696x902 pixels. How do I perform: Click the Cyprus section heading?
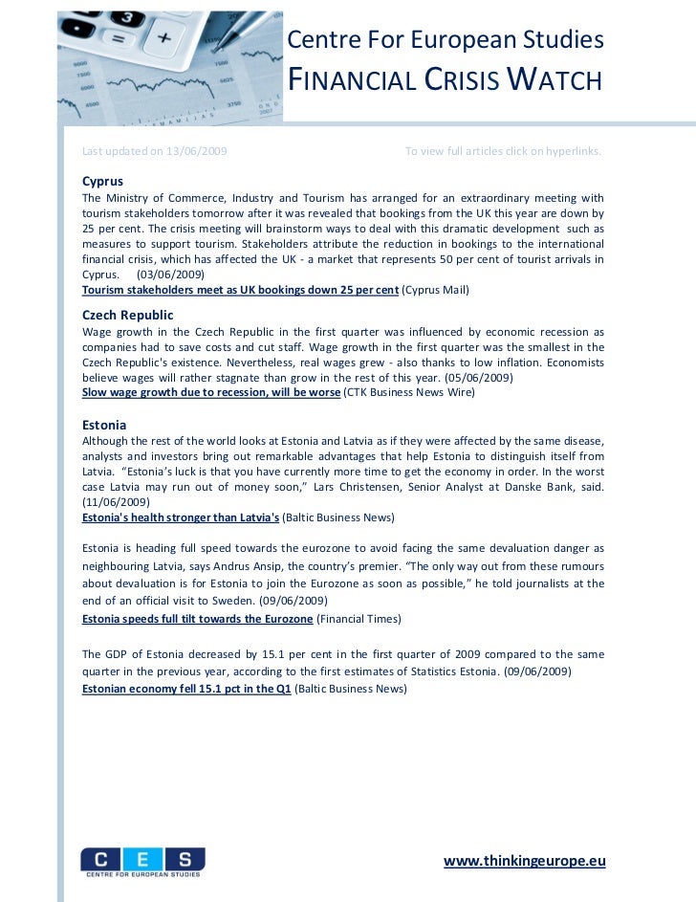102,181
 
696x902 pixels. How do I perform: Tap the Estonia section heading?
104,424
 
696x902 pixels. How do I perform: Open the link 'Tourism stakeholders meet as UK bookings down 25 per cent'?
240,289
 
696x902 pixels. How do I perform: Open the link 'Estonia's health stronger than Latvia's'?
181,517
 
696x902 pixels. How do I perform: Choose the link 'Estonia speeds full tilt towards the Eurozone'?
198,619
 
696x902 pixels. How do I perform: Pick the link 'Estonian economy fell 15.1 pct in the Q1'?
187,688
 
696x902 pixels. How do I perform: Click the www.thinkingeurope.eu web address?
525,860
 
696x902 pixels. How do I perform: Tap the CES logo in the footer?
142,861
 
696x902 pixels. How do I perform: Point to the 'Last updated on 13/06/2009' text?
155,151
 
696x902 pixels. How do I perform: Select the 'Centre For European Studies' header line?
446,40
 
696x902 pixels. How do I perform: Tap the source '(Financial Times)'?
359,619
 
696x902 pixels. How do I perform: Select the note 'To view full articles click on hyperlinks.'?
504,151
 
